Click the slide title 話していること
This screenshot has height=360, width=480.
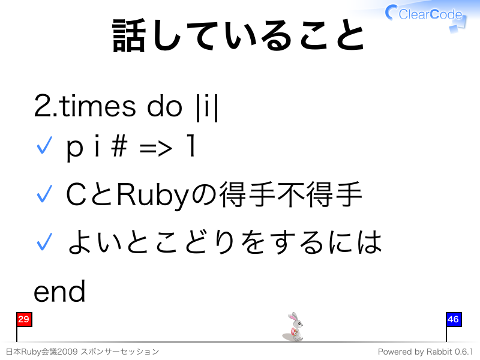tap(238, 35)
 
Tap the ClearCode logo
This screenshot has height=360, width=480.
tap(426, 16)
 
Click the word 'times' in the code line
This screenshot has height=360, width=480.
tap(97, 106)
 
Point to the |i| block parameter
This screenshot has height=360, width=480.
tap(207, 107)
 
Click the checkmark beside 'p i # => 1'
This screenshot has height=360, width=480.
tap(44, 145)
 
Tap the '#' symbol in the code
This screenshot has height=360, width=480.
tap(119, 146)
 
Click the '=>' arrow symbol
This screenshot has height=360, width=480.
tap(155, 149)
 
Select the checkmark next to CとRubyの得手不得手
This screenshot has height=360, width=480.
tap(44, 193)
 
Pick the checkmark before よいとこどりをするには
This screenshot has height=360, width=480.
tap(44, 242)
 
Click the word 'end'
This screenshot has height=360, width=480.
tap(59, 292)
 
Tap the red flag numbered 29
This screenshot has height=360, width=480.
tap(24, 319)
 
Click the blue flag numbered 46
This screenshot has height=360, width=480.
tap(454, 319)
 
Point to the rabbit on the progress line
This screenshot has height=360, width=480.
tap(294, 327)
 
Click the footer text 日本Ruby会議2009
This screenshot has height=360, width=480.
tap(41, 352)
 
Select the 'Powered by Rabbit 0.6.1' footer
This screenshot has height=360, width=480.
tap(425, 352)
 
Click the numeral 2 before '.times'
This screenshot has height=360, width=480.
tap(42, 106)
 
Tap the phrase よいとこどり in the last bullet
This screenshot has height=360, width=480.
tap(152, 242)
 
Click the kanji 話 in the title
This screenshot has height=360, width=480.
tap(128, 35)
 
